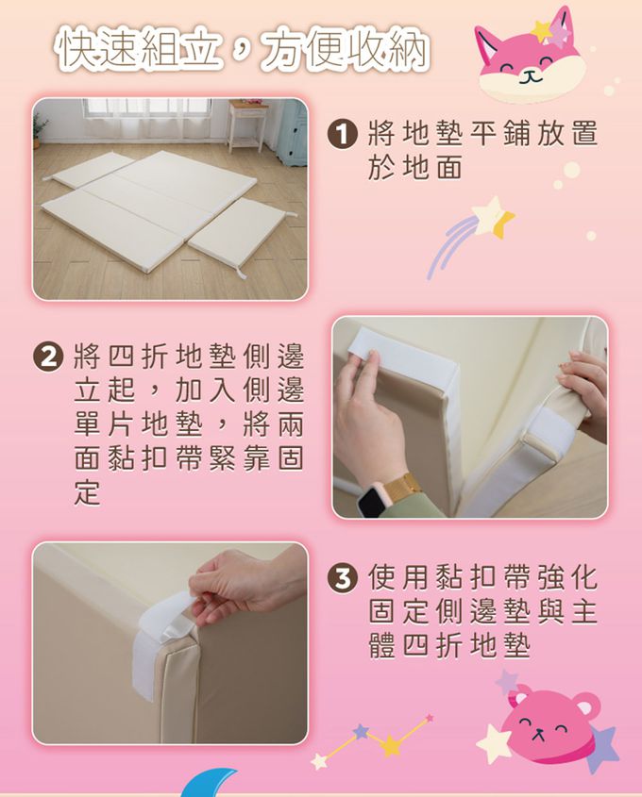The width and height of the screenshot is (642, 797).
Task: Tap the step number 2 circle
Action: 46,357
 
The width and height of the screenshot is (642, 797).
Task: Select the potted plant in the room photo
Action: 40,129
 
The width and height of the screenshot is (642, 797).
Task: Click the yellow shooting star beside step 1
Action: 495,217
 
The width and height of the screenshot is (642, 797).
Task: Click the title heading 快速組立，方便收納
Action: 243,50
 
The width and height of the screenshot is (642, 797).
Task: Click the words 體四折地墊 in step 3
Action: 449,646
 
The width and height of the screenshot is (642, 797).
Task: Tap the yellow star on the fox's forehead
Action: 542,30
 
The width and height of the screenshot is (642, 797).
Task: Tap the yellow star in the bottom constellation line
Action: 390,746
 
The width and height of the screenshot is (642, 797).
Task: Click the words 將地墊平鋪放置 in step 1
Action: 482,134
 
